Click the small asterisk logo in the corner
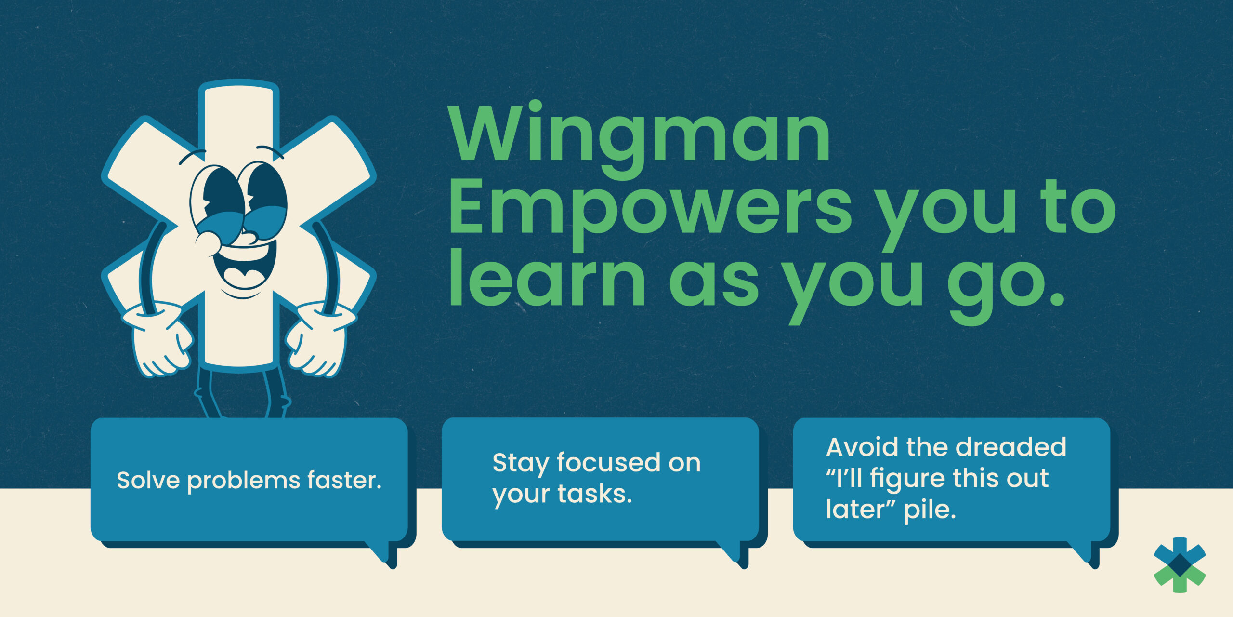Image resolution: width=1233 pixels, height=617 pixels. [1180, 564]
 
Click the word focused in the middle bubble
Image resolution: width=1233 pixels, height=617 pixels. [609, 462]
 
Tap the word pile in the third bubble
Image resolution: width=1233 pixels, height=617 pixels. [930, 510]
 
